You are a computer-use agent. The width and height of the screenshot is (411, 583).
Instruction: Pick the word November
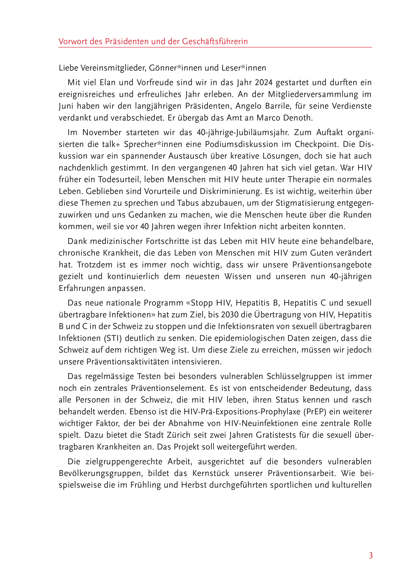(102, 133)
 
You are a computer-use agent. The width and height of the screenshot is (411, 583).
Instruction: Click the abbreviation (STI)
(109, 338)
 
